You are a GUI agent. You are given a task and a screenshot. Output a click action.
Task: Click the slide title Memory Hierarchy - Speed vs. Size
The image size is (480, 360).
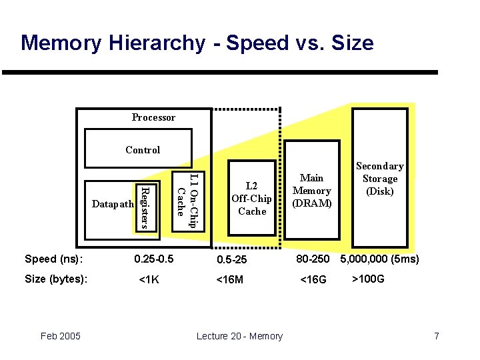197,43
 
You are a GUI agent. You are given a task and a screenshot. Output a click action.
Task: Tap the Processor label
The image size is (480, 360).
153,117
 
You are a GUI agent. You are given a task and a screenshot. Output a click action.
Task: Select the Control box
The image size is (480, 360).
143,149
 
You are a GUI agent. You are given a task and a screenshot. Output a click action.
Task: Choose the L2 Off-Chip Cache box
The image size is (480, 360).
251,198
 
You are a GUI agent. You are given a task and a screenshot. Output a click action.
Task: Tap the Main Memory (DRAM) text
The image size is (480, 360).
311,191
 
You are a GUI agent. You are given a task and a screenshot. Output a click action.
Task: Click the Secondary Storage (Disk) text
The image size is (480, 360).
379,178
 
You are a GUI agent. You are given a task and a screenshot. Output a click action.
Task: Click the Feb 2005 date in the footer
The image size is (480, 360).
60,336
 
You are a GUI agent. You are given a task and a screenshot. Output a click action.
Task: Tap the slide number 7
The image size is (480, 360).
437,336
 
